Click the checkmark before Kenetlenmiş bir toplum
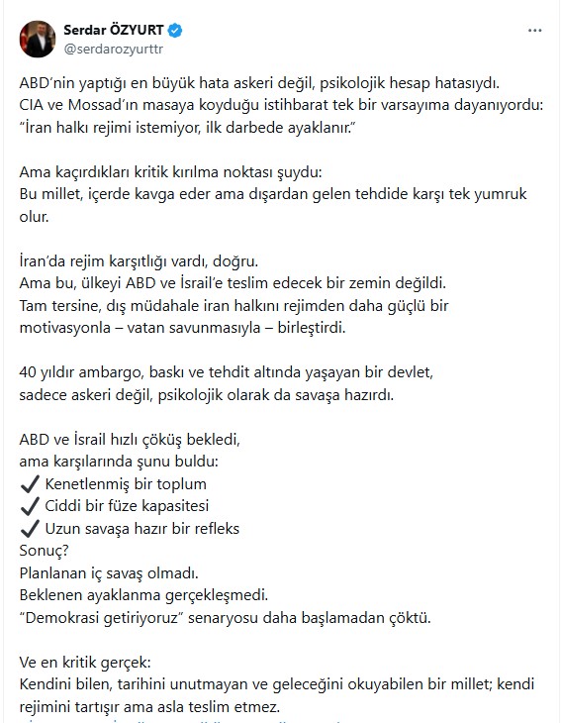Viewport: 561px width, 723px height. (30, 484)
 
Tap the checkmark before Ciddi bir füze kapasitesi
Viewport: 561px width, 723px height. (30, 506)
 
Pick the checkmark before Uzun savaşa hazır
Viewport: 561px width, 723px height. (30, 528)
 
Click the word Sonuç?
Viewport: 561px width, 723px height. (44, 550)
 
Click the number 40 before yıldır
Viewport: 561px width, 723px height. (29, 373)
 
